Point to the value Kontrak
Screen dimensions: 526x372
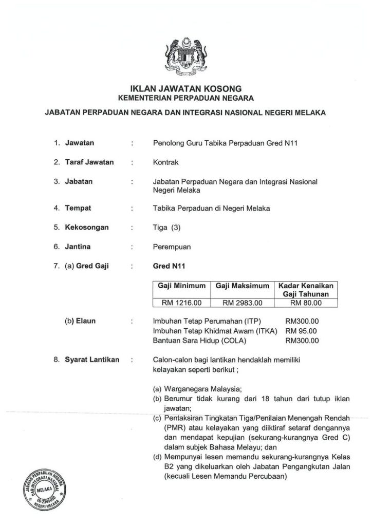[166, 162]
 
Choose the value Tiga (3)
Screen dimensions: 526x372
[168, 228]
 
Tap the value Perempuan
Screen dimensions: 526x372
[172, 247]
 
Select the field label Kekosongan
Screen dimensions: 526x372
[86, 228]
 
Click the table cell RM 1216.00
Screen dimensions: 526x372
[182, 303]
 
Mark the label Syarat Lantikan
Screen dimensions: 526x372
[92, 359]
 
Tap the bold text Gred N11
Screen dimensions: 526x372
[165, 266]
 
